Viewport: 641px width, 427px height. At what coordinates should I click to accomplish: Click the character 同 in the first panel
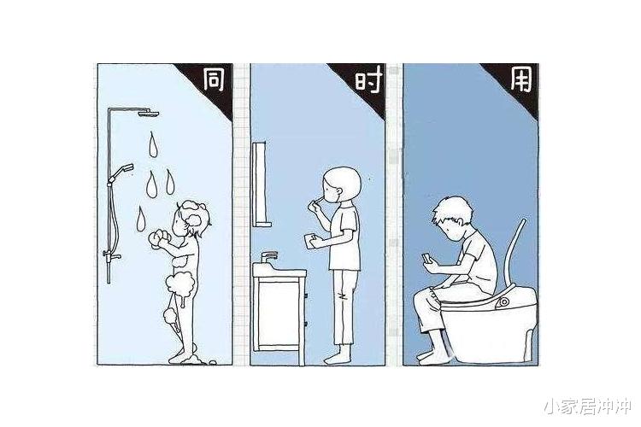coord(213,81)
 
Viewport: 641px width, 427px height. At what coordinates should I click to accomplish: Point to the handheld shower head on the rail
coord(124,168)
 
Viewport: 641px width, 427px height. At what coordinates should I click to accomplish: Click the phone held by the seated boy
coord(428,255)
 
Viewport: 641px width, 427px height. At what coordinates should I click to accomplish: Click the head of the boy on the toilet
coord(450,218)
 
